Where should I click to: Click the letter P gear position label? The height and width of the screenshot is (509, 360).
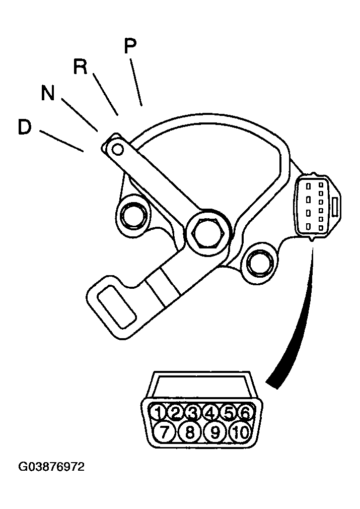coord(130,46)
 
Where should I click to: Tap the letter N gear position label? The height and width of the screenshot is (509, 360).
coord(48,93)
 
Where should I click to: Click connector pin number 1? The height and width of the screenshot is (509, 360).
coord(158,413)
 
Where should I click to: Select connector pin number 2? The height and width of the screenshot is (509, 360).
coord(175,413)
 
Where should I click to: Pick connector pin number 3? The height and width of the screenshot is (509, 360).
coord(193,413)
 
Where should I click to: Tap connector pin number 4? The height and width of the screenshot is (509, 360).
coord(210,413)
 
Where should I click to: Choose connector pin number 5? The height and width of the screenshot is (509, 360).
coord(228,413)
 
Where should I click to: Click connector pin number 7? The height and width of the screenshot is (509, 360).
coord(165,432)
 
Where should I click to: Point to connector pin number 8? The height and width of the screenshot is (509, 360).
coord(190,432)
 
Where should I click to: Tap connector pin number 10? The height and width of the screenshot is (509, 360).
coord(241,432)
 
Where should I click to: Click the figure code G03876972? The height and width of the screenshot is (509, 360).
coord(51,467)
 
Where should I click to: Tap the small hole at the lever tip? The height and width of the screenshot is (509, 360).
coord(118,149)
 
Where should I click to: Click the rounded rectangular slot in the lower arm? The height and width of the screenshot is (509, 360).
coord(116,307)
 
